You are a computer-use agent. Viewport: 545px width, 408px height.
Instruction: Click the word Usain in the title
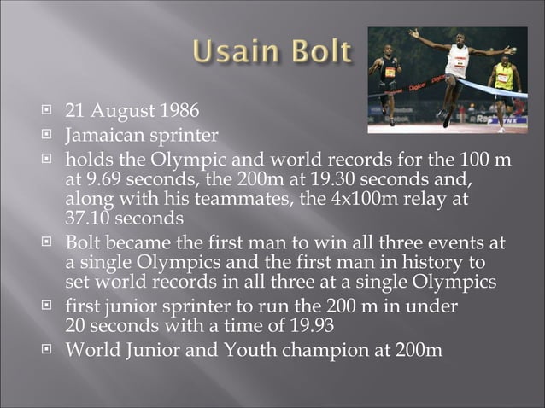231,53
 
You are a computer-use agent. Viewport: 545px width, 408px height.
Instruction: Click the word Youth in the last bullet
242,350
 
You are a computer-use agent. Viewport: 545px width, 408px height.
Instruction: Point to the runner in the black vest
389,77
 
